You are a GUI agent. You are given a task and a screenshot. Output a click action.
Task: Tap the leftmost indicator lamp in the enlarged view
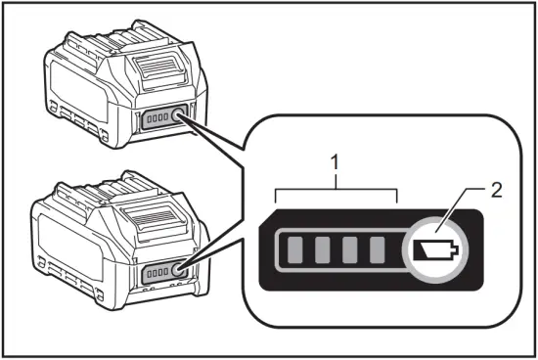[x=293, y=250]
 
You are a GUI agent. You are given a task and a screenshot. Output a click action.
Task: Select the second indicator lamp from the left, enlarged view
[x=322, y=250]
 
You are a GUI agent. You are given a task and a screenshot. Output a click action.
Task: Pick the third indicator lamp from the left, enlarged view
[x=350, y=250]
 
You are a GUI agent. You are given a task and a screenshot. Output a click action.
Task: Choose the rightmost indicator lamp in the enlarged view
[x=379, y=250]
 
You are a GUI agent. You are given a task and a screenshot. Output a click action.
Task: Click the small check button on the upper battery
[x=179, y=116]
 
